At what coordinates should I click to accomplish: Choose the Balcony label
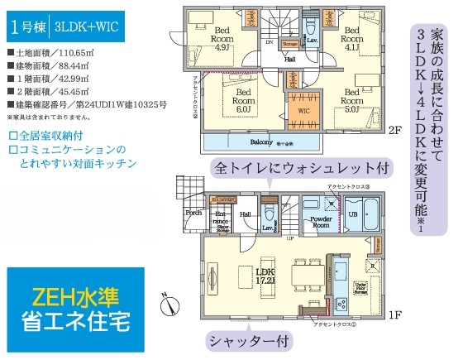tap(263, 142)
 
